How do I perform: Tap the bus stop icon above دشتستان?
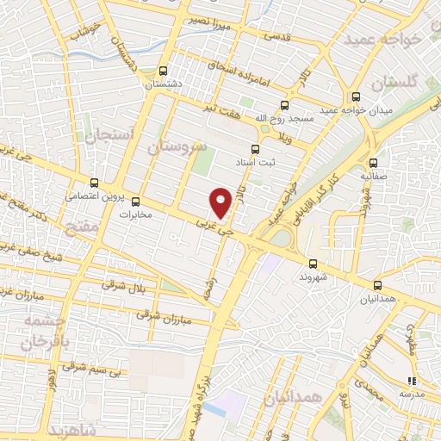[x=165, y=71]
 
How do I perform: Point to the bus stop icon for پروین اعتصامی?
[x=95, y=183]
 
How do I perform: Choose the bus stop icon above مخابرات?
[x=134, y=202]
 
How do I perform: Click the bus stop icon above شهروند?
[x=312, y=264]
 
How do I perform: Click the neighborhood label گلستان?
[x=397, y=81]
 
